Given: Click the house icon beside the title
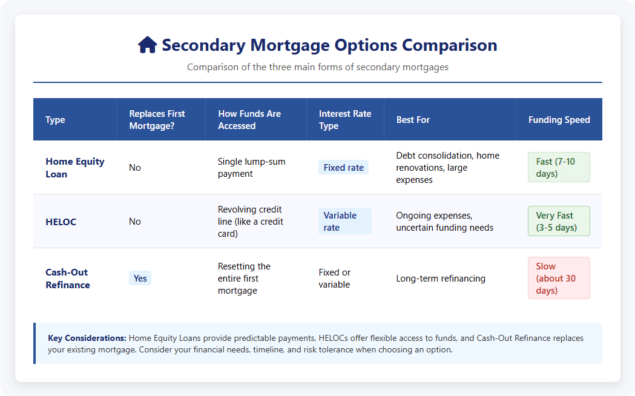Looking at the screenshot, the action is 148,45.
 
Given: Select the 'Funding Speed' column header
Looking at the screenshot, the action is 559,120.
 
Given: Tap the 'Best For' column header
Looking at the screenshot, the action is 413,120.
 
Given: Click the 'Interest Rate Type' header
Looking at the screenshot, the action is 345,120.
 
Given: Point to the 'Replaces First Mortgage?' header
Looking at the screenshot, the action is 157,120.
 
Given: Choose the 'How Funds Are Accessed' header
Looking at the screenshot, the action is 249,120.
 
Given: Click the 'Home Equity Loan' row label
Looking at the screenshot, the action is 75,168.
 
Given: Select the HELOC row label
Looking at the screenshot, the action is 61,222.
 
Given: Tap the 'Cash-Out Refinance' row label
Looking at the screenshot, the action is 68,279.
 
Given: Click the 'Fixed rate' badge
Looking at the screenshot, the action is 343,167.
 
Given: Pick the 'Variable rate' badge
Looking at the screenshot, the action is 345,221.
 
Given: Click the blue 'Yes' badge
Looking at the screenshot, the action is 140,278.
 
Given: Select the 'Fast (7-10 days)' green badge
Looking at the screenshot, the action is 559,167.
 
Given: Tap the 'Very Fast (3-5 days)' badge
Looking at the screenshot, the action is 559,221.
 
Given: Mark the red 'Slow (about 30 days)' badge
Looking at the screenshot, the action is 559,278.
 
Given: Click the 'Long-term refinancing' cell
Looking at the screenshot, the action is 441,279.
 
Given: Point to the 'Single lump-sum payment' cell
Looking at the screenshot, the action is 251,168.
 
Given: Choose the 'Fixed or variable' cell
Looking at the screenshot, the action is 335,279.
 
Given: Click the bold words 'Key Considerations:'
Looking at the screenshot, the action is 87,338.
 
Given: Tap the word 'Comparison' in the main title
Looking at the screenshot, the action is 450,45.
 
